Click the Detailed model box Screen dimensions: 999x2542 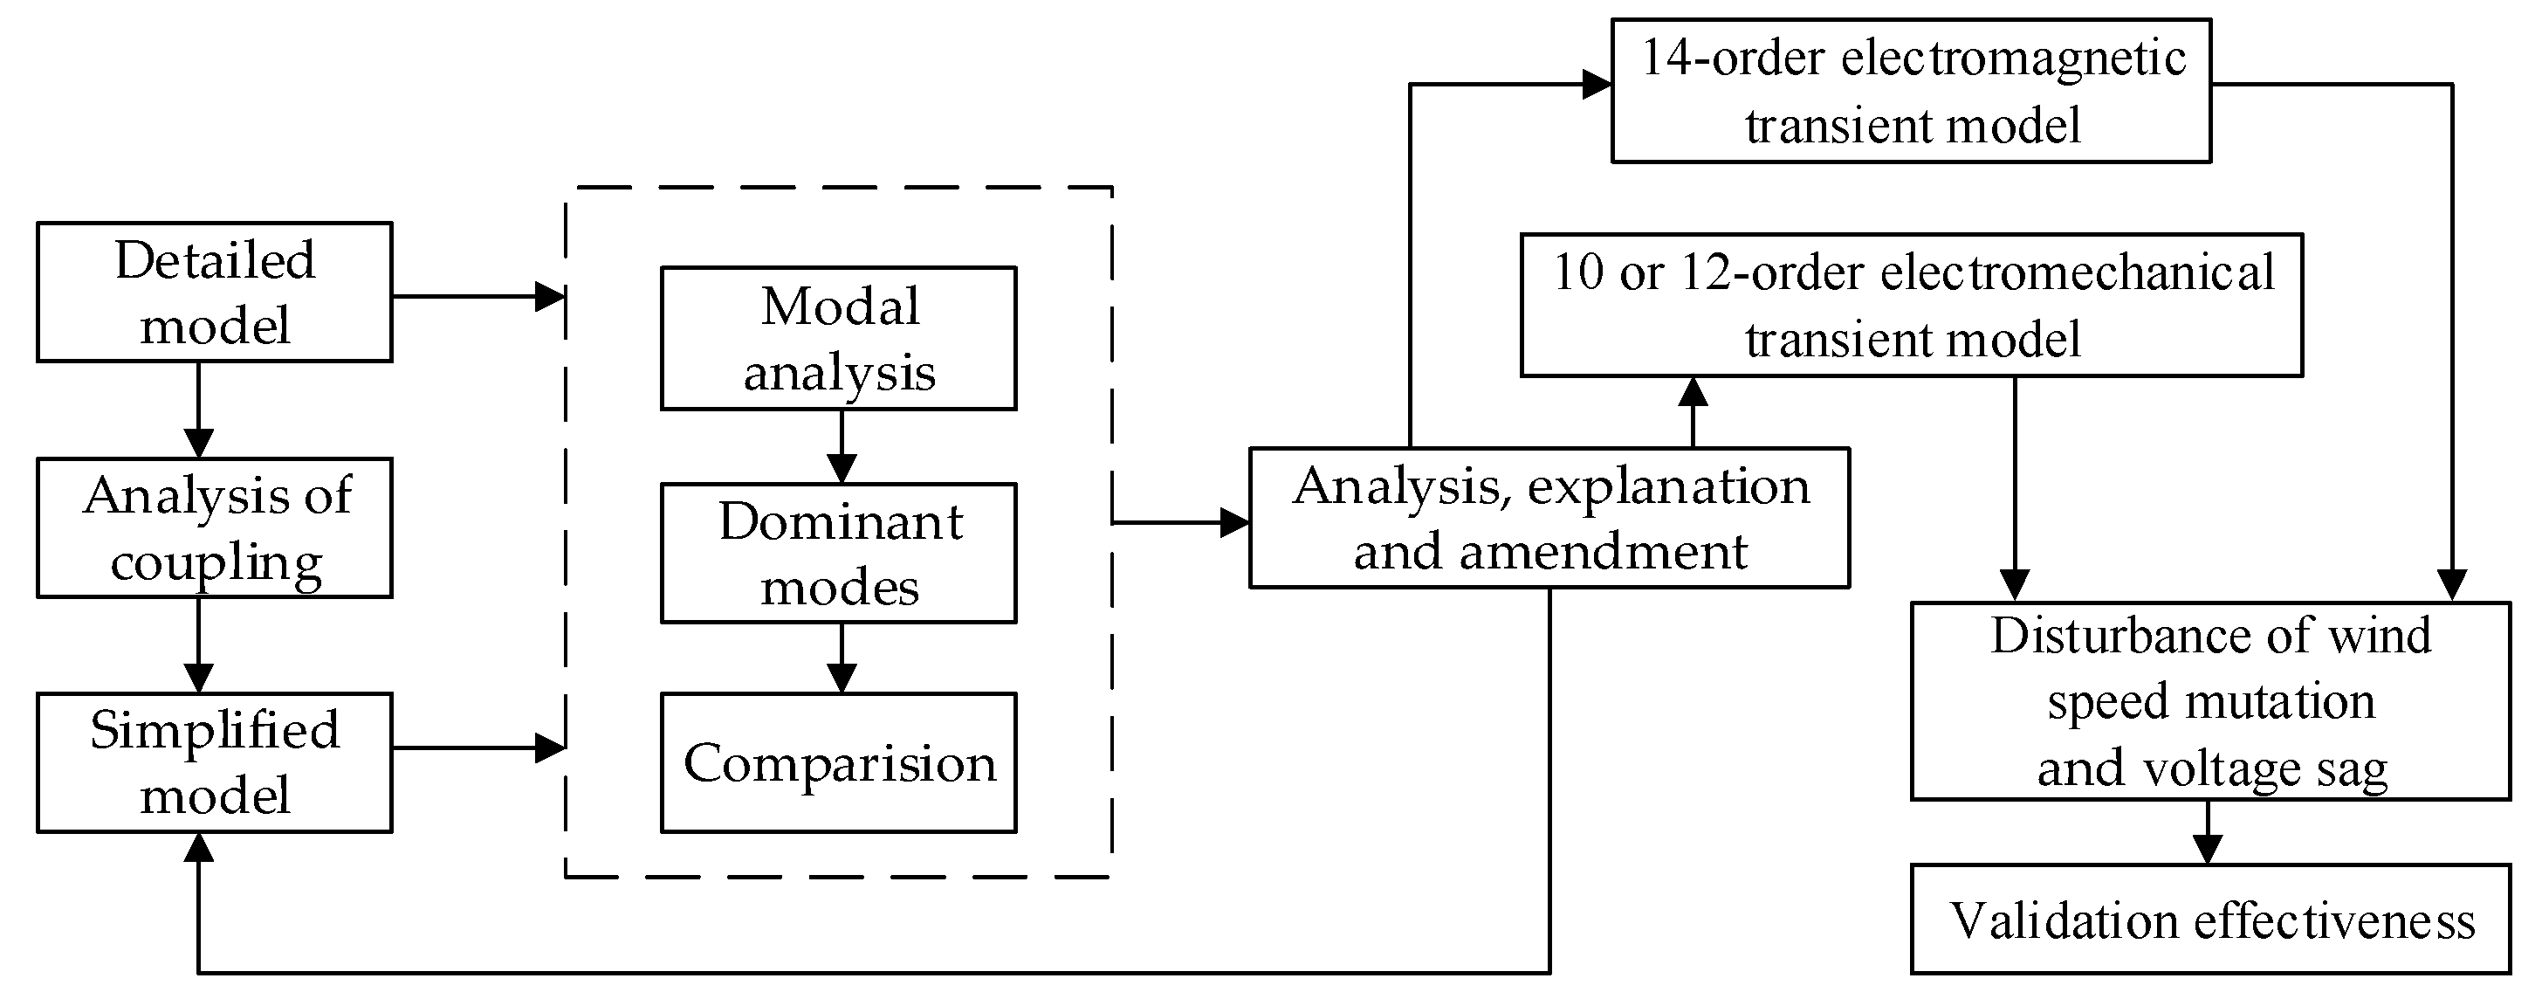214,293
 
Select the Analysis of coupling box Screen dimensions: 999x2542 214,527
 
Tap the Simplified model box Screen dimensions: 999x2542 214,762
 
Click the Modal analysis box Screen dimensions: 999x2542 838,339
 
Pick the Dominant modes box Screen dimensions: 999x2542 838,553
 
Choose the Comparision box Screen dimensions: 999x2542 838,762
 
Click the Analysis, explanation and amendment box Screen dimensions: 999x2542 1549,518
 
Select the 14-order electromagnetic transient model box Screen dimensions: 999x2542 1911,91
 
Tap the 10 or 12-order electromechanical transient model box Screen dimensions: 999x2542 1911,305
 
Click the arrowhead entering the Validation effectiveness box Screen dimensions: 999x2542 2207,850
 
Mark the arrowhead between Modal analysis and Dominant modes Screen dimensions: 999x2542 841,468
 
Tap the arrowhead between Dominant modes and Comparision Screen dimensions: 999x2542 841,679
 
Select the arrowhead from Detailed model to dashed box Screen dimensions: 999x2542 550,296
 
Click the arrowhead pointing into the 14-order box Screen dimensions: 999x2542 1597,85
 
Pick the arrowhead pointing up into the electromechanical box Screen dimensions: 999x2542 1694,393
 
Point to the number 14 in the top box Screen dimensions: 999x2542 1666,58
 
